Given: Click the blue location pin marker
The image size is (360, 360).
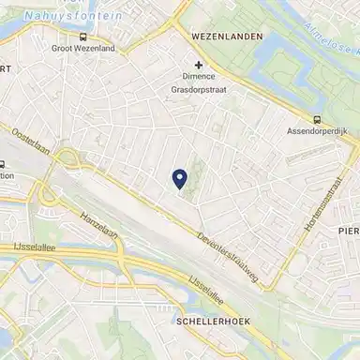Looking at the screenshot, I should tap(180, 178).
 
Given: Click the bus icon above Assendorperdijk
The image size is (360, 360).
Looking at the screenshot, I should tap(317, 119).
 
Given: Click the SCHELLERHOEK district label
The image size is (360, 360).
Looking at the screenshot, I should tap(210, 321).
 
